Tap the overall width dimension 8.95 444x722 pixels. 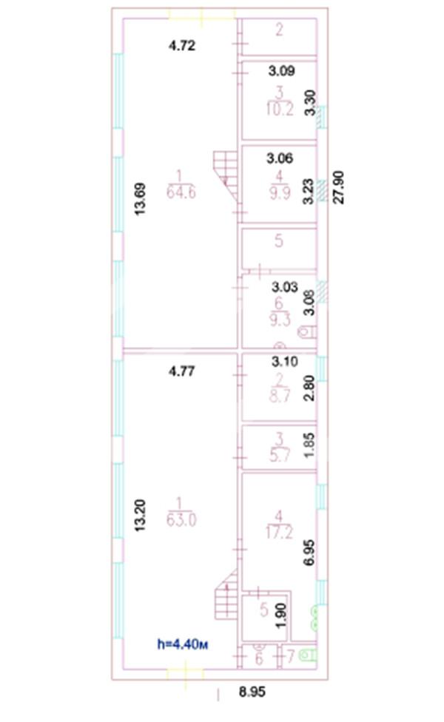252,692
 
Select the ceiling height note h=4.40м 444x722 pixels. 183,644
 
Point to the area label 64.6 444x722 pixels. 181,192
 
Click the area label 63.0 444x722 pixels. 181,519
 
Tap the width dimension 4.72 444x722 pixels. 182,46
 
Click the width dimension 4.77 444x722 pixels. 182,371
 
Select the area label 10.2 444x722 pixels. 280,109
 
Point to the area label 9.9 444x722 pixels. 279,192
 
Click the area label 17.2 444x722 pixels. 279,533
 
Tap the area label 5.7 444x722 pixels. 279,456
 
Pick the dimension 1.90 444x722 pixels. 282,615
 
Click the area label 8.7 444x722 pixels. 279,395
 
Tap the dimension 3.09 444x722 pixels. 281,71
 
